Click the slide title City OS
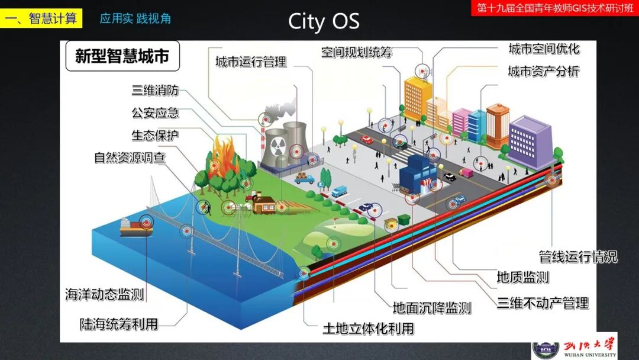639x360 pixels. [324, 21]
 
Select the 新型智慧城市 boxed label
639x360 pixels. [122, 56]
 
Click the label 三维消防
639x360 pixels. [154, 91]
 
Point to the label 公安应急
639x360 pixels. [154, 113]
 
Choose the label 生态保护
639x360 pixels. [154, 135]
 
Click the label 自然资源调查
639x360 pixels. [130, 157]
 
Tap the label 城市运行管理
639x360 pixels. [250, 62]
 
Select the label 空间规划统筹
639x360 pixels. [357, 52]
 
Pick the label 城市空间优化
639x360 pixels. [544, 49]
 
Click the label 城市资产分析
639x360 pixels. [543, 72]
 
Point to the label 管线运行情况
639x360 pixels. [577, 257]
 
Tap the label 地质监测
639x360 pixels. [522, 277]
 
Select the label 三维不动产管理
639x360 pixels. [543, 304]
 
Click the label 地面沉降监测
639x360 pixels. [432, 308]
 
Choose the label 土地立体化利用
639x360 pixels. [367, 329]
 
